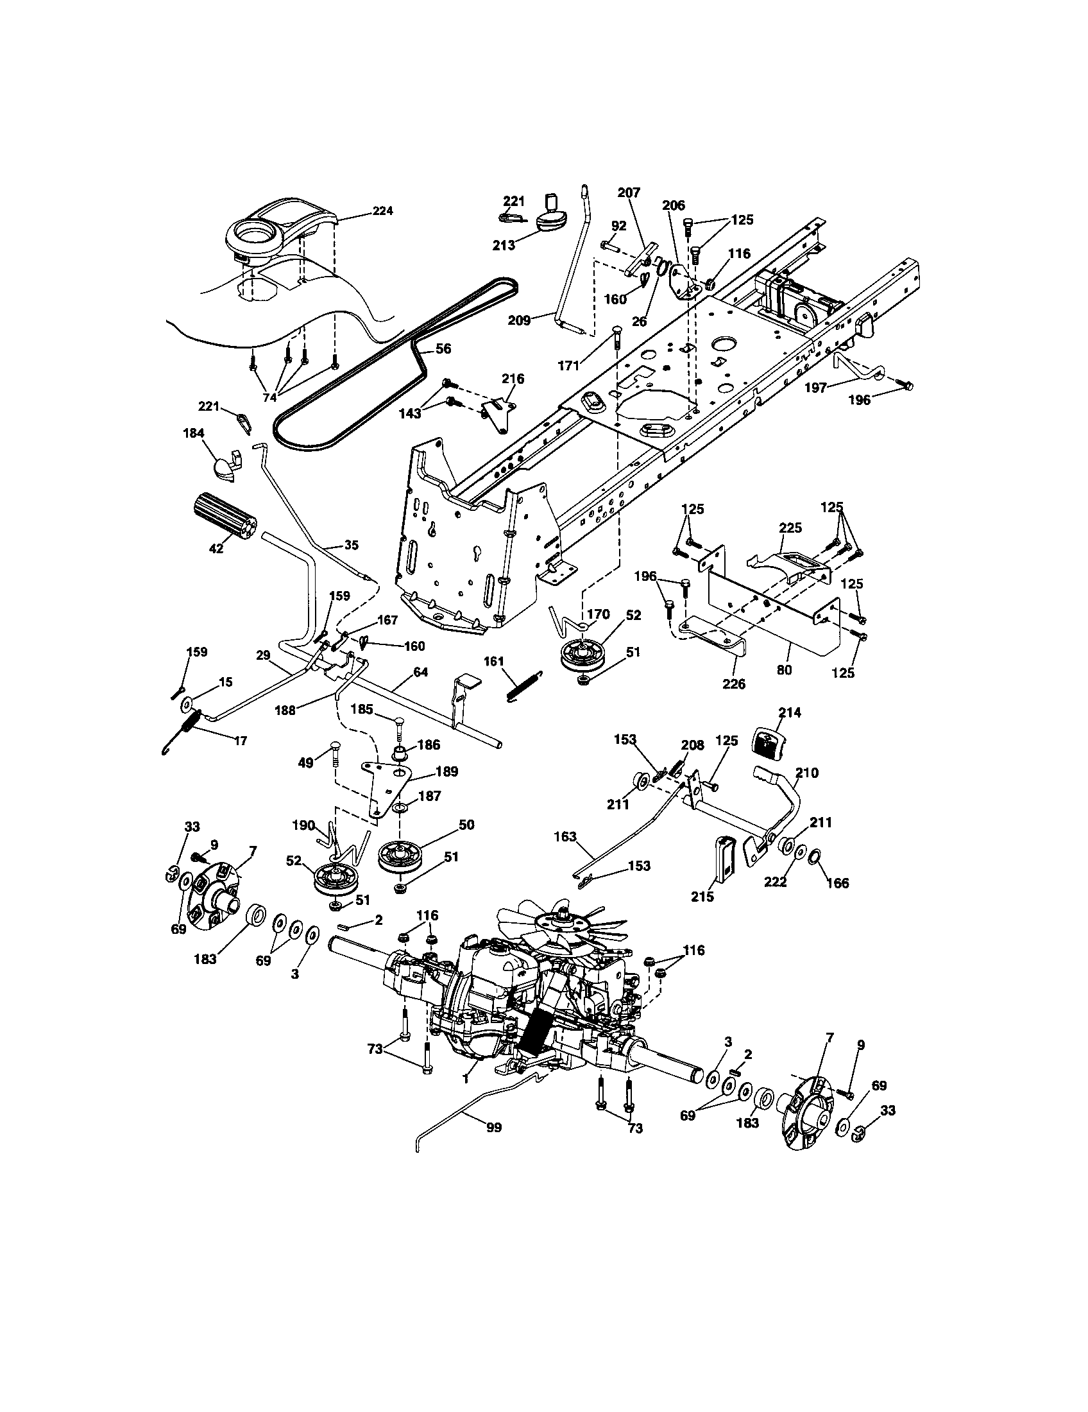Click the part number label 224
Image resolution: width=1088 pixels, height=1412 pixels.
(382, 211)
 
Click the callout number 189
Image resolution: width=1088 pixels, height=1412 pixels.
(446, 771)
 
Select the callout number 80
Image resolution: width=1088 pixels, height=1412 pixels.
(784, 670)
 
